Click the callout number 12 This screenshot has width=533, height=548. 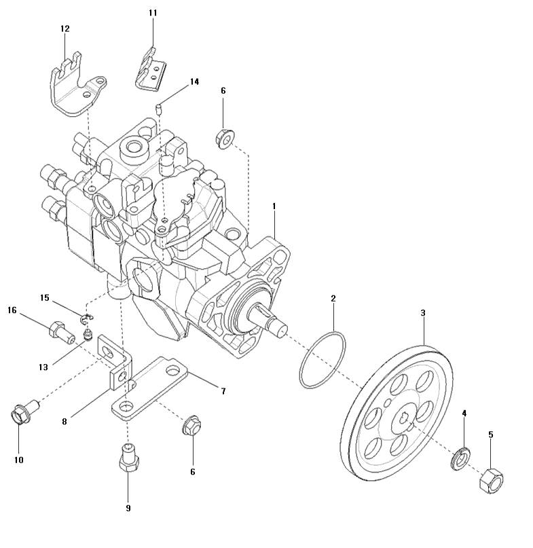click(x=65, y=29)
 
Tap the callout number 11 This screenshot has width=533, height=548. click(x=152, y=13)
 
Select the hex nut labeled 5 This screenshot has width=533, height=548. click(x=490, y=481)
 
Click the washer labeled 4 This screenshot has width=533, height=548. click(x=460, y=458)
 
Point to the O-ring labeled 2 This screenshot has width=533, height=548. click(x=323, y=360)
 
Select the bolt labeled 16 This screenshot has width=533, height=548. click(x=59, y=331)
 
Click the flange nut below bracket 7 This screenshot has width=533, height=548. click(x=191, y=427)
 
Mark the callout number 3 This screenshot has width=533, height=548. click(x=423, y=313)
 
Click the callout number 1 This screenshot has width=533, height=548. click(x=274, y=205)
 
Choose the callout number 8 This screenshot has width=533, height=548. click(x=65, y=421)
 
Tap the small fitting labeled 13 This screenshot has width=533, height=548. click(x=88, y=335)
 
